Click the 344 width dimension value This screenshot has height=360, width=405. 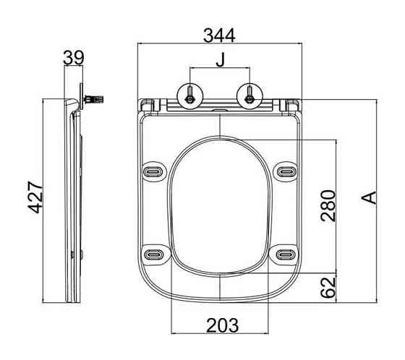[x=219, y=35]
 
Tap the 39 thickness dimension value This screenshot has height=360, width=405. [x=74, y=58]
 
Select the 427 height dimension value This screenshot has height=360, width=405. [x=35, y=197]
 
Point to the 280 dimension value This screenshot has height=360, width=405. [x=328, y=206]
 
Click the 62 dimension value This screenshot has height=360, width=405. [x=328, y=288]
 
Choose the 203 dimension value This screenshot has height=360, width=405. [x=223, y=325]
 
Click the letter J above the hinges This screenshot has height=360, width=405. [x=221, y=60]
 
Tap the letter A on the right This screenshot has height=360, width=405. [x=369, y=198]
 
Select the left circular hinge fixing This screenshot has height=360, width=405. [x=189, y=96]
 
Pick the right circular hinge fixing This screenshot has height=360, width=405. [x=250, y=96]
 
